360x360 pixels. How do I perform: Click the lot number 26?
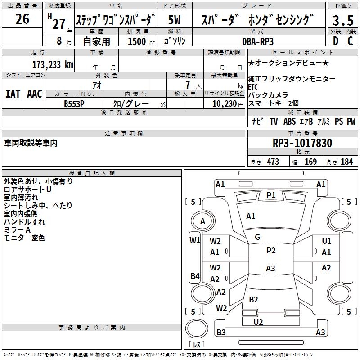point(22,19)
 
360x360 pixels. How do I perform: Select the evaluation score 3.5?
point(342,20)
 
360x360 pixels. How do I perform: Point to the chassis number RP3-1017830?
point(302,143)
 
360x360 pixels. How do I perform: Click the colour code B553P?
point(75,103)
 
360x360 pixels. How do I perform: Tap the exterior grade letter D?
point(335,41)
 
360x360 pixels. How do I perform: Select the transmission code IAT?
point(13,94)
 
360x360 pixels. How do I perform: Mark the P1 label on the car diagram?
point(271,195)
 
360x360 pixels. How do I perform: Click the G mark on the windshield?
point(257,237)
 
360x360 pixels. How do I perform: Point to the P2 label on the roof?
point(271,250)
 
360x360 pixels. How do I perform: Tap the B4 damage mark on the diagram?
point(195,276)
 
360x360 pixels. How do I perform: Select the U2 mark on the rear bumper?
point(258,322)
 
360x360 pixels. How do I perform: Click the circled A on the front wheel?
point(202,221)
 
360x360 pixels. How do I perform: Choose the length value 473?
point(273,162)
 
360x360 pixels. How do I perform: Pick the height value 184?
point(346,162)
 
